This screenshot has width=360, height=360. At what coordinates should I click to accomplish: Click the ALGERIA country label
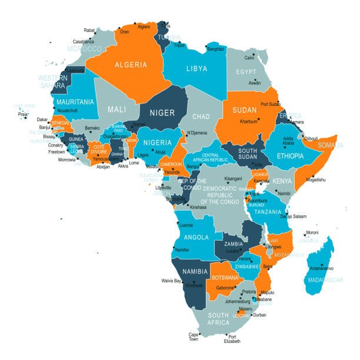[131, 64]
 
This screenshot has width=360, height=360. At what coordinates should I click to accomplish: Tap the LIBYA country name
[196, 69]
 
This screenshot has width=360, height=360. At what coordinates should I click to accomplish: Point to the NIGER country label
[162, 112]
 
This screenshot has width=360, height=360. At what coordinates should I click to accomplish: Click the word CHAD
[201, 116]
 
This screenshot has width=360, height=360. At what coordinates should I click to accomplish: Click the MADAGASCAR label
[325, 280]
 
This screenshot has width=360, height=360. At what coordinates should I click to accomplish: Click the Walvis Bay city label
[171, 281]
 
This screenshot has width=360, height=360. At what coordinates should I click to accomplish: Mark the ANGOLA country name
[196, 237]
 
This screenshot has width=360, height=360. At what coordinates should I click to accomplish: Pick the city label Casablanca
[83, 42]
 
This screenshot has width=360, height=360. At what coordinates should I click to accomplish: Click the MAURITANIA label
[75, 102]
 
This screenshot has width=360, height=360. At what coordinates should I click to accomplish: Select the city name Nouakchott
[67, 111]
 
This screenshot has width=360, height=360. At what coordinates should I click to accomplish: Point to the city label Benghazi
[216, 49]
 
